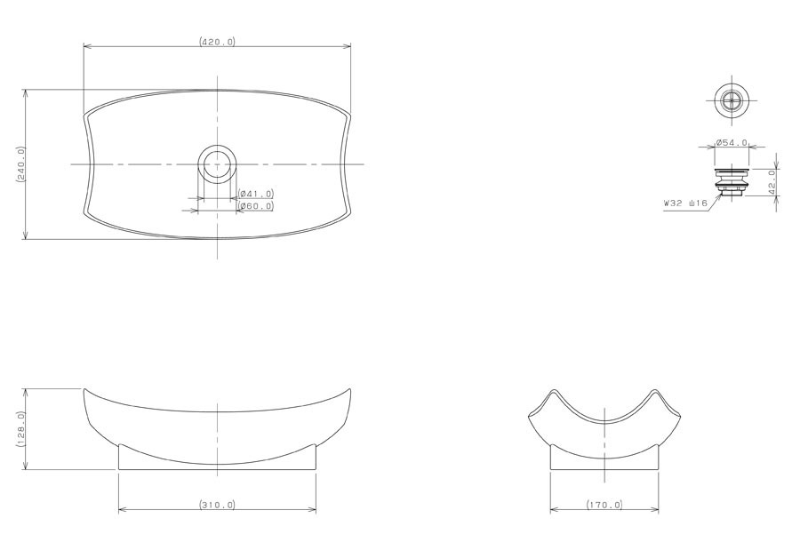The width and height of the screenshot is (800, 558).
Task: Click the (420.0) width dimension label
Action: (218, 42)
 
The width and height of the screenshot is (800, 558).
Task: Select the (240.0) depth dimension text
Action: (21, 164)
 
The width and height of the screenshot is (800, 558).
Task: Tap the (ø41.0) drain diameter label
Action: (256, 194)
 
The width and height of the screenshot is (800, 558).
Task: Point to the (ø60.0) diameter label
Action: (256, 205)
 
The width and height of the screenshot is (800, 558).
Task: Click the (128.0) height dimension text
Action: (21, 429)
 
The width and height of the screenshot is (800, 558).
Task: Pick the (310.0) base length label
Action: (218, 505)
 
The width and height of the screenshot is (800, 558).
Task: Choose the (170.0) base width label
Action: (604, 505)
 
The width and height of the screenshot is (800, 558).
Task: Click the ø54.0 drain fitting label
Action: (732, 142)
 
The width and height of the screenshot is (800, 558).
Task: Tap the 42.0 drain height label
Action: (772, 181)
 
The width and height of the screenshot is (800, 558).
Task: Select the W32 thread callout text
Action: (685, 203)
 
